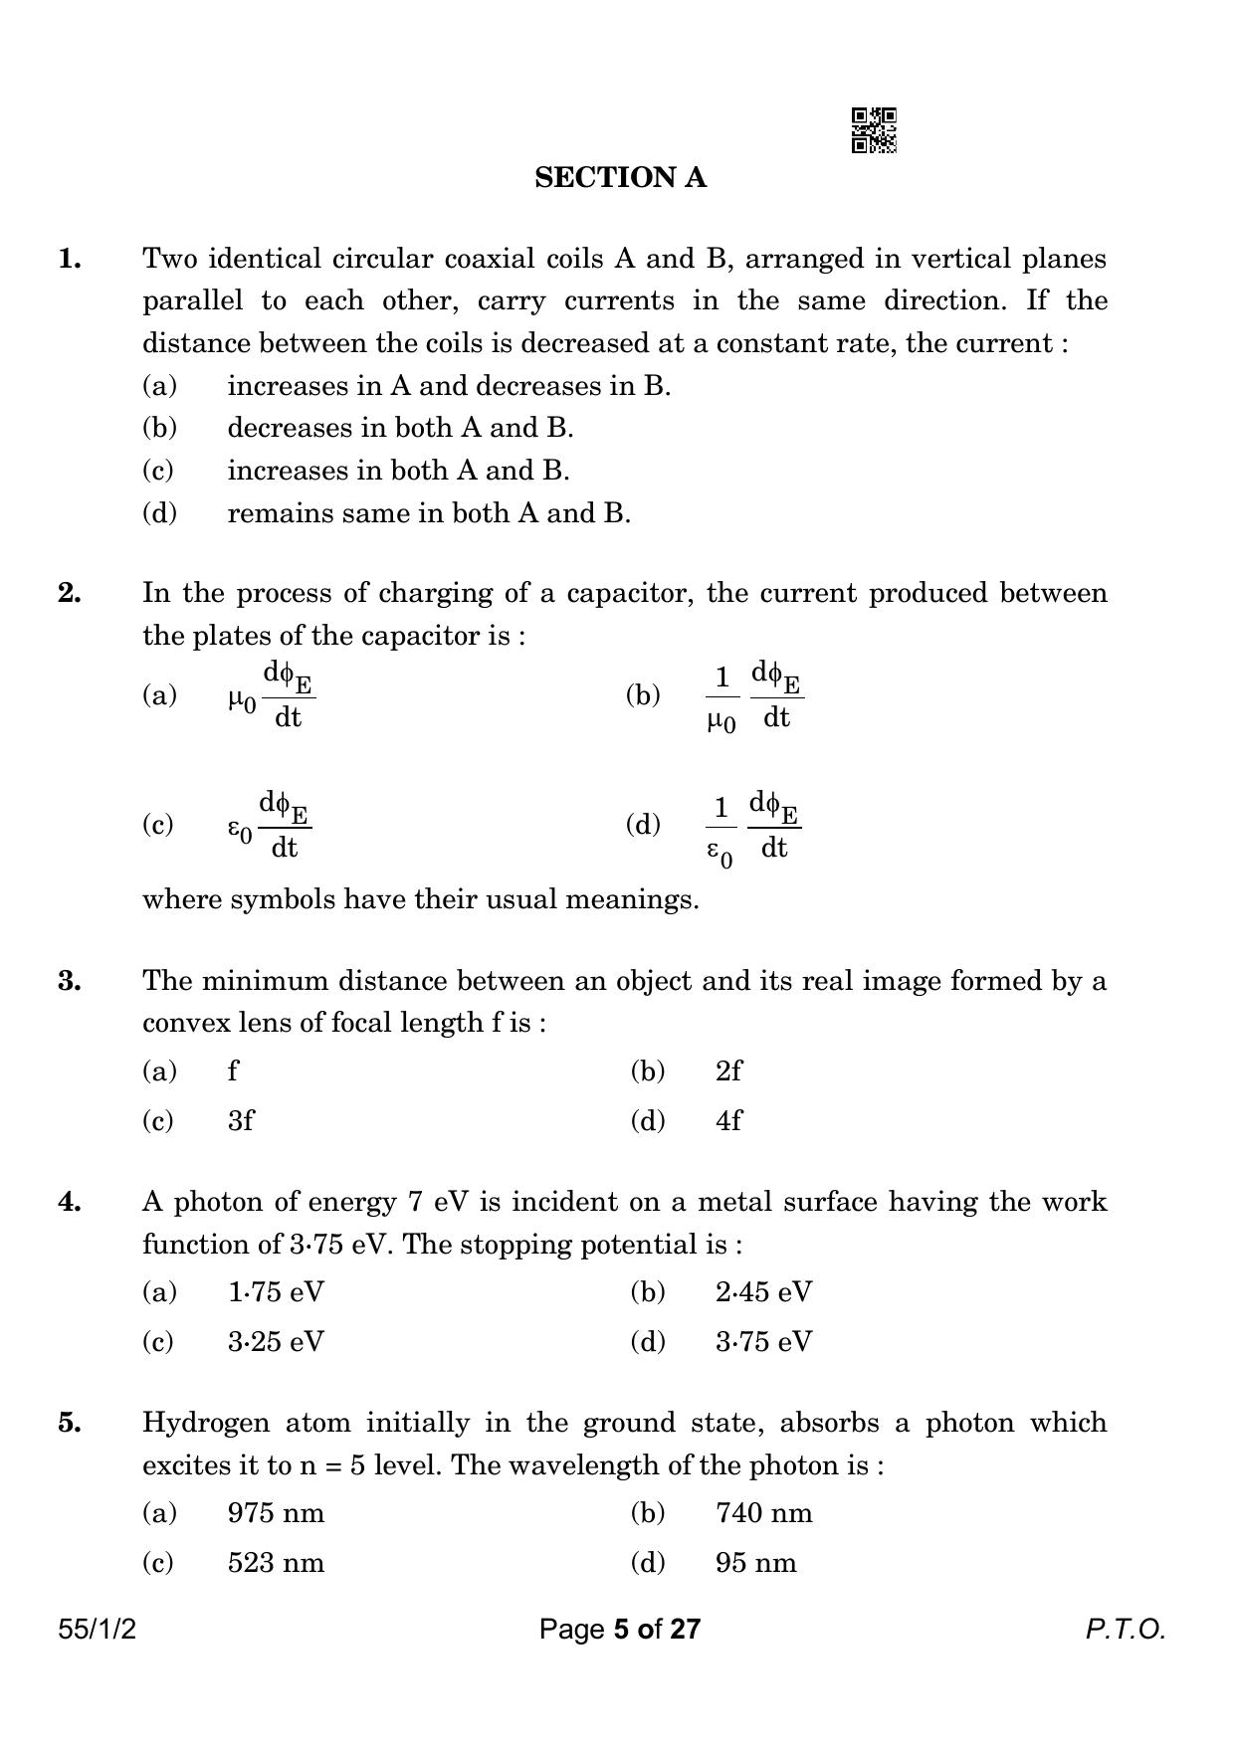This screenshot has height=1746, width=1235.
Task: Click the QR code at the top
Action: pyautogui.click(x=874, y=130)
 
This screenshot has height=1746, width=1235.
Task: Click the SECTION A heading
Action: pyautogui.click(x=620, y=178)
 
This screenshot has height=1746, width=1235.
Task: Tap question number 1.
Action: pyautogui.click(x=70, y=260)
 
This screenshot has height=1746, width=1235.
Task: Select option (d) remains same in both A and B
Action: pyautogui.click(x=428, y=513)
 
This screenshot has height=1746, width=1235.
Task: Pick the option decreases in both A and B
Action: pyautogui.click(x=400, y=428)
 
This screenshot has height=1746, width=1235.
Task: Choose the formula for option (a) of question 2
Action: pyautogui.click(x=272, y=695)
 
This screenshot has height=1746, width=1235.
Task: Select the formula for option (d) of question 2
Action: pyautogui.click(x=753, y=827)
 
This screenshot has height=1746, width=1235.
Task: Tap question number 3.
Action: pyautogui.click(x=70, y=982)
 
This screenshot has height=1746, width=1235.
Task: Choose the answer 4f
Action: pyautogui.click(x=728, y=1121)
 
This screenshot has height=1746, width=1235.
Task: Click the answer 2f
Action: pyautogui.click(x=728, y=1071)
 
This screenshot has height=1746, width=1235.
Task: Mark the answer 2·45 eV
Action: pyautogui.click(x=763, y=1292)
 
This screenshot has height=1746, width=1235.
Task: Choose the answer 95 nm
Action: pyautogui.click(x=755, y=1563)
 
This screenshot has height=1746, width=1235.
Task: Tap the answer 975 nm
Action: pyautogui.click(x=276, y=1513)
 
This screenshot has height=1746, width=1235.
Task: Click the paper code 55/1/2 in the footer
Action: pyautogui.click(x=98, y=1630)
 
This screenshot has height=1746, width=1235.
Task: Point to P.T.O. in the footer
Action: pyautogui.click(x=1125, y=1630)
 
